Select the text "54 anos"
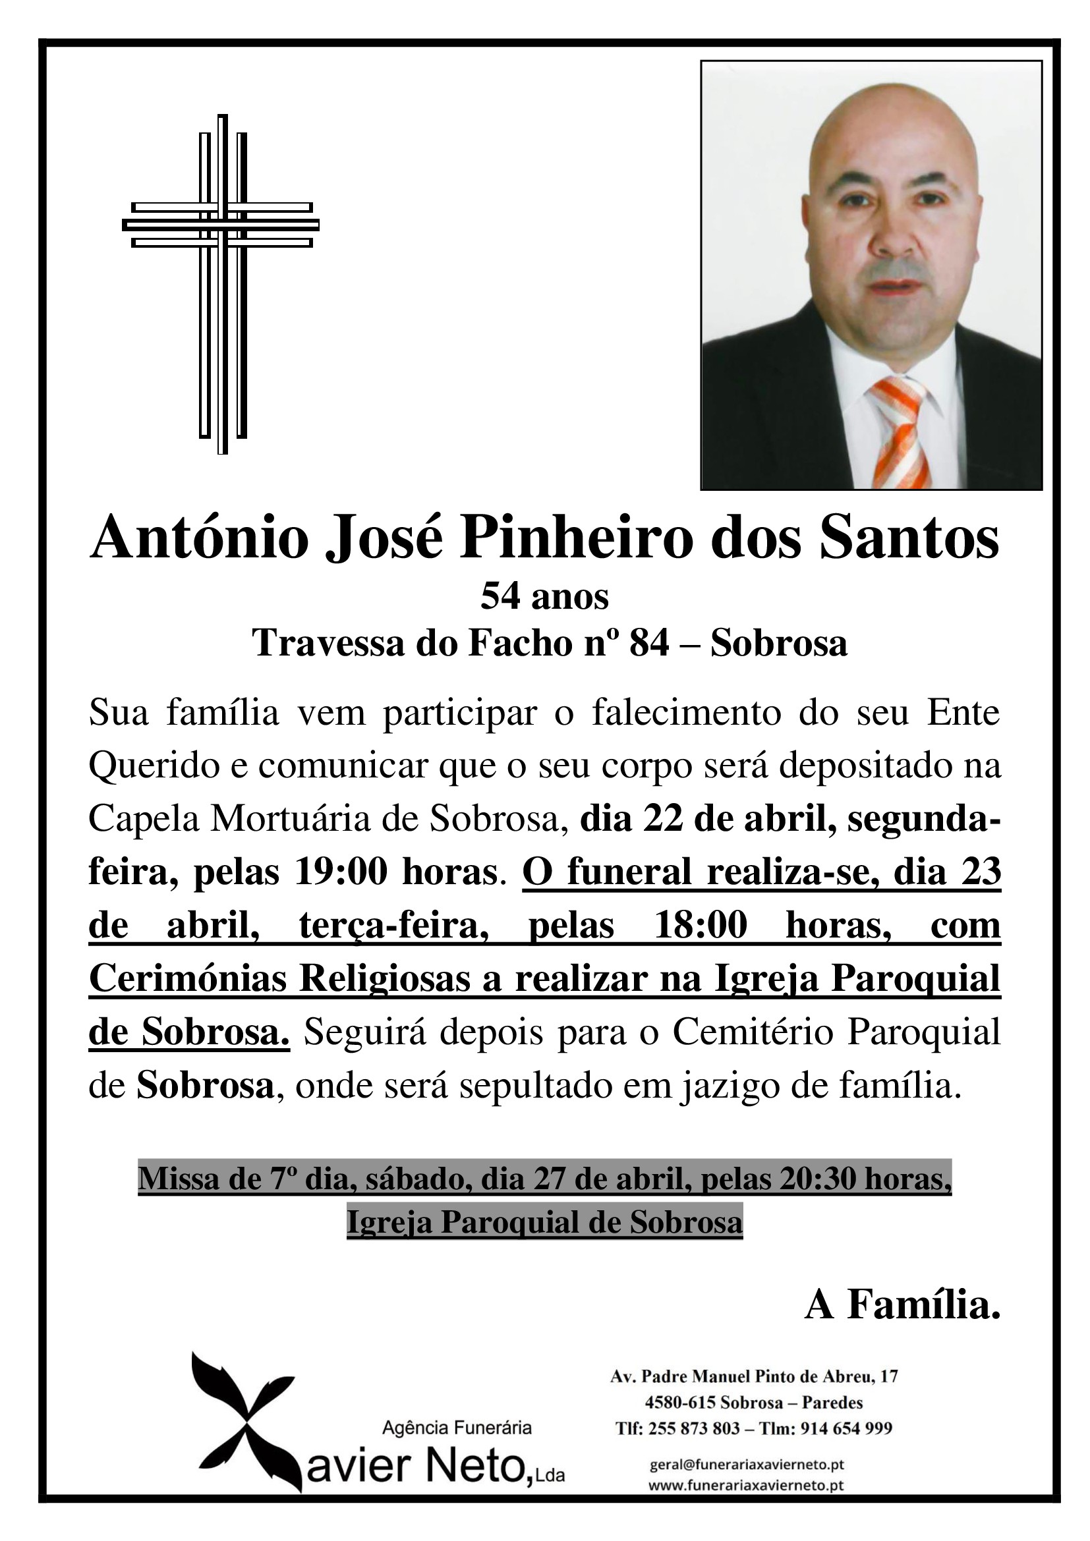[x=544, y=597]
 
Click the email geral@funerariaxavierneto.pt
[x=747, y=1465]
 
